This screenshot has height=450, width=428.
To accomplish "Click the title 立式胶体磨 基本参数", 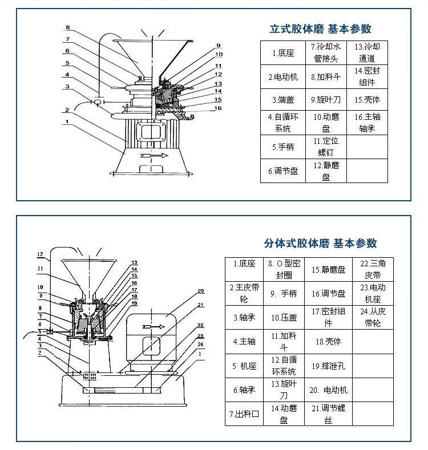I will coord(320,29).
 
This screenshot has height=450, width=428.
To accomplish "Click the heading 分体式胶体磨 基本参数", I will coord(320,243).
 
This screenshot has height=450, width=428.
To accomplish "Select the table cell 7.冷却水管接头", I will coord(325,52).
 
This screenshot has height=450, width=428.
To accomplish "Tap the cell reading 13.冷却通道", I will coord(367,52).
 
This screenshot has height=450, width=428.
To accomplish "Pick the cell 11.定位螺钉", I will coord(325,147).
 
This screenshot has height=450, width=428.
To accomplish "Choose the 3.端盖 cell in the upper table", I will coord(282,99).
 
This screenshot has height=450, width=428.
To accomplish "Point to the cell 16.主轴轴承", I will coord(367,123).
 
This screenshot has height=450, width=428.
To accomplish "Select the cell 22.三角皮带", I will coord(373,269).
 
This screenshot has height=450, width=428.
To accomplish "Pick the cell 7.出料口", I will coord(244,414).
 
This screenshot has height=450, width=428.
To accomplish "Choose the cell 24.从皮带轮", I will coord(373,317).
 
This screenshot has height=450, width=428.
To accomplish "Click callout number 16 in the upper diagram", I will coord(219,107).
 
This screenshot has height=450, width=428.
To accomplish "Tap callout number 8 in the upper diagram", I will coord(67,27).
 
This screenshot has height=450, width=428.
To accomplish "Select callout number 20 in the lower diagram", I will coord(200,291).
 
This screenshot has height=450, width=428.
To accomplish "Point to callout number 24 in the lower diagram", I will coord(200,344).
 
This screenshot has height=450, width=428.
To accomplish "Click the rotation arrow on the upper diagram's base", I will coord(154,155).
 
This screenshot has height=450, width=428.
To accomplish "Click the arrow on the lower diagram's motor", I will coord(153,326).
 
